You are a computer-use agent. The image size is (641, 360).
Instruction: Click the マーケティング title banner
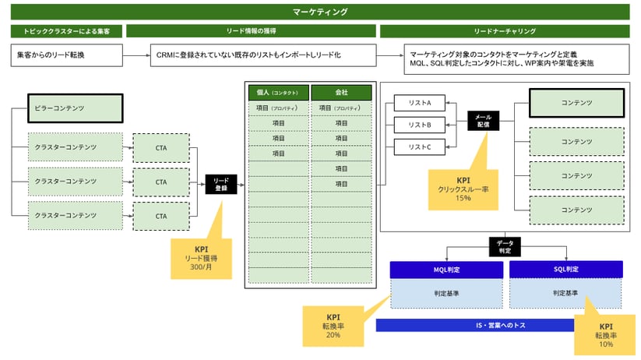(x=320, y=12)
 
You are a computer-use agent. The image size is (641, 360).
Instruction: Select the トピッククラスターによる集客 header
(x=65, y=32)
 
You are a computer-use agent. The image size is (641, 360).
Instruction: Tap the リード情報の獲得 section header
(x=251, y=32)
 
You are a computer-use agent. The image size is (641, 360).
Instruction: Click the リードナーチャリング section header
(x=504, y=32)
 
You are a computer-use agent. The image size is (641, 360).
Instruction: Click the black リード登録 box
(x=220, y=185)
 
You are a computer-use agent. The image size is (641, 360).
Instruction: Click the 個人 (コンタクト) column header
(x=278, y=92)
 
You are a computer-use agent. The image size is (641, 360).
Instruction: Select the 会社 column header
(x=341, y=92)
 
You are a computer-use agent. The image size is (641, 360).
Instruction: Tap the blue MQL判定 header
(x=446, y=269)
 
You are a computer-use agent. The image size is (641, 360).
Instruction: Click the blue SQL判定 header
(x=565, y=269)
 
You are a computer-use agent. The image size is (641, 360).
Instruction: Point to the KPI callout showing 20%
(x=333, y=326)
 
